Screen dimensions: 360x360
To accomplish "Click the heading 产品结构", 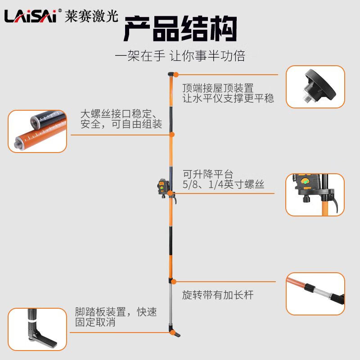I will point(180,29).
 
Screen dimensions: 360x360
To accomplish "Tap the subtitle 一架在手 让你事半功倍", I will point(180,56).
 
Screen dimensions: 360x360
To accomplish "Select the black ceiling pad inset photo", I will point(315,87).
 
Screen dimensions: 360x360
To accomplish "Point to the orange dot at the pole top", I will point(176,75).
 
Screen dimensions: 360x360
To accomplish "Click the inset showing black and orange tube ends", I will point(37,131).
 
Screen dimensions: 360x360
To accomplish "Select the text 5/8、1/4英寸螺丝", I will point(223,184).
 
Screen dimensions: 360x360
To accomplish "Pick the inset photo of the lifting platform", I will point(315,194).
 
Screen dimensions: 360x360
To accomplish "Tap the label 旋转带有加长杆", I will point(218,295).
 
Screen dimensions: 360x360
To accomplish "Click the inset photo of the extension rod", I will point(315,293).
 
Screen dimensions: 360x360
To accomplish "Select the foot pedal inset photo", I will point(37,329).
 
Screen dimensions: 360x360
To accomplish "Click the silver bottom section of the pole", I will point(171,306).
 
